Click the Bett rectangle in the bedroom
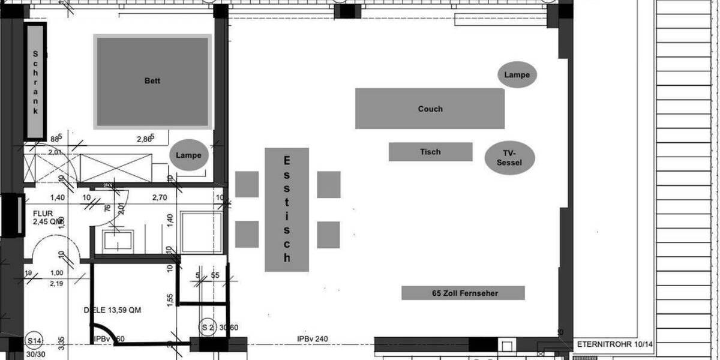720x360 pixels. (152, 81)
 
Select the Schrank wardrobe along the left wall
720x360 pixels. (35, 81)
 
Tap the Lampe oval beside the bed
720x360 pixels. (188, 155)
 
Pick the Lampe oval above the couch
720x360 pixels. (517, 75)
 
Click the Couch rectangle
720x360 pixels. (430, 109)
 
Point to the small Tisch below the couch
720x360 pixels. (430, 152)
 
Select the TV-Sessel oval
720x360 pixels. (509, 158)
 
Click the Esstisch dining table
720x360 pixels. (287, 209)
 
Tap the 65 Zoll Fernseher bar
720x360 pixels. (463, 293)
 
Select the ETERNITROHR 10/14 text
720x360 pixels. (614, 344)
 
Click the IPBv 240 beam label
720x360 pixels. (313, 340)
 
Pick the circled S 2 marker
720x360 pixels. (208, 327)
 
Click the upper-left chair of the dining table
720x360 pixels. (247, 184)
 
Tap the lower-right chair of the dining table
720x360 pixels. (329, 235)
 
